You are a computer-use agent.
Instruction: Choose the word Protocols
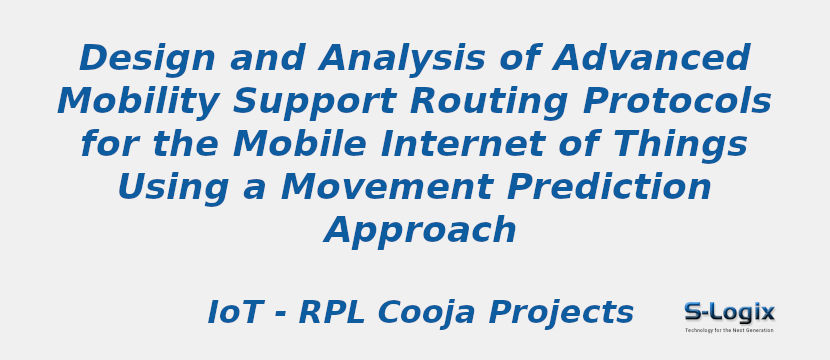[665, 102]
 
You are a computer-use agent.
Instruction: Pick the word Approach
[420, 231]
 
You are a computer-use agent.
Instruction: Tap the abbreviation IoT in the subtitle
[234, 313]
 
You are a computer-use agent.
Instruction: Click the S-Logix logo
[729, 312]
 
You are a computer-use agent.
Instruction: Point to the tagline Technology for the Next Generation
[729, 330]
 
